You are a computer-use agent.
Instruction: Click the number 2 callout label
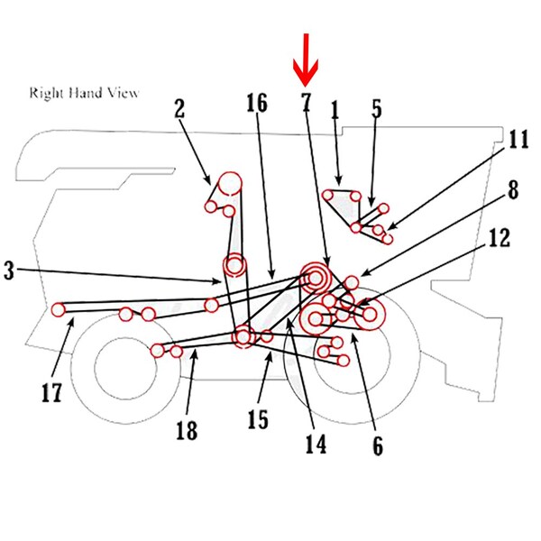(x=179, y=109)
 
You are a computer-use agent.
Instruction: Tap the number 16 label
(x=257, y=103)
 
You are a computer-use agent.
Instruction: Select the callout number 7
(x=306, y=102)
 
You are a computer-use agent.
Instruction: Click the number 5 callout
(x=376, y=109)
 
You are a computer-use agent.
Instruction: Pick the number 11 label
(x=518, y=140)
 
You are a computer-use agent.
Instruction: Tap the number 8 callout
(x=512, y=191)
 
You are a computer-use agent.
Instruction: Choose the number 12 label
(x=500, y=238)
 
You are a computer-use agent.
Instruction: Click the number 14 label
(x=314, y=443)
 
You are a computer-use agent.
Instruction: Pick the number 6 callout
(x=377, y=445)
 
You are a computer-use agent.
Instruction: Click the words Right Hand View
(x=85, y=93)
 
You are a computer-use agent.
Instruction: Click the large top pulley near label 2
(x=229, y=183)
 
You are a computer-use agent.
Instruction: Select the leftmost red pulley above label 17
(x=59, y=309)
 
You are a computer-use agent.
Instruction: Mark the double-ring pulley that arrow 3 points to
(x=234, y=265)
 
